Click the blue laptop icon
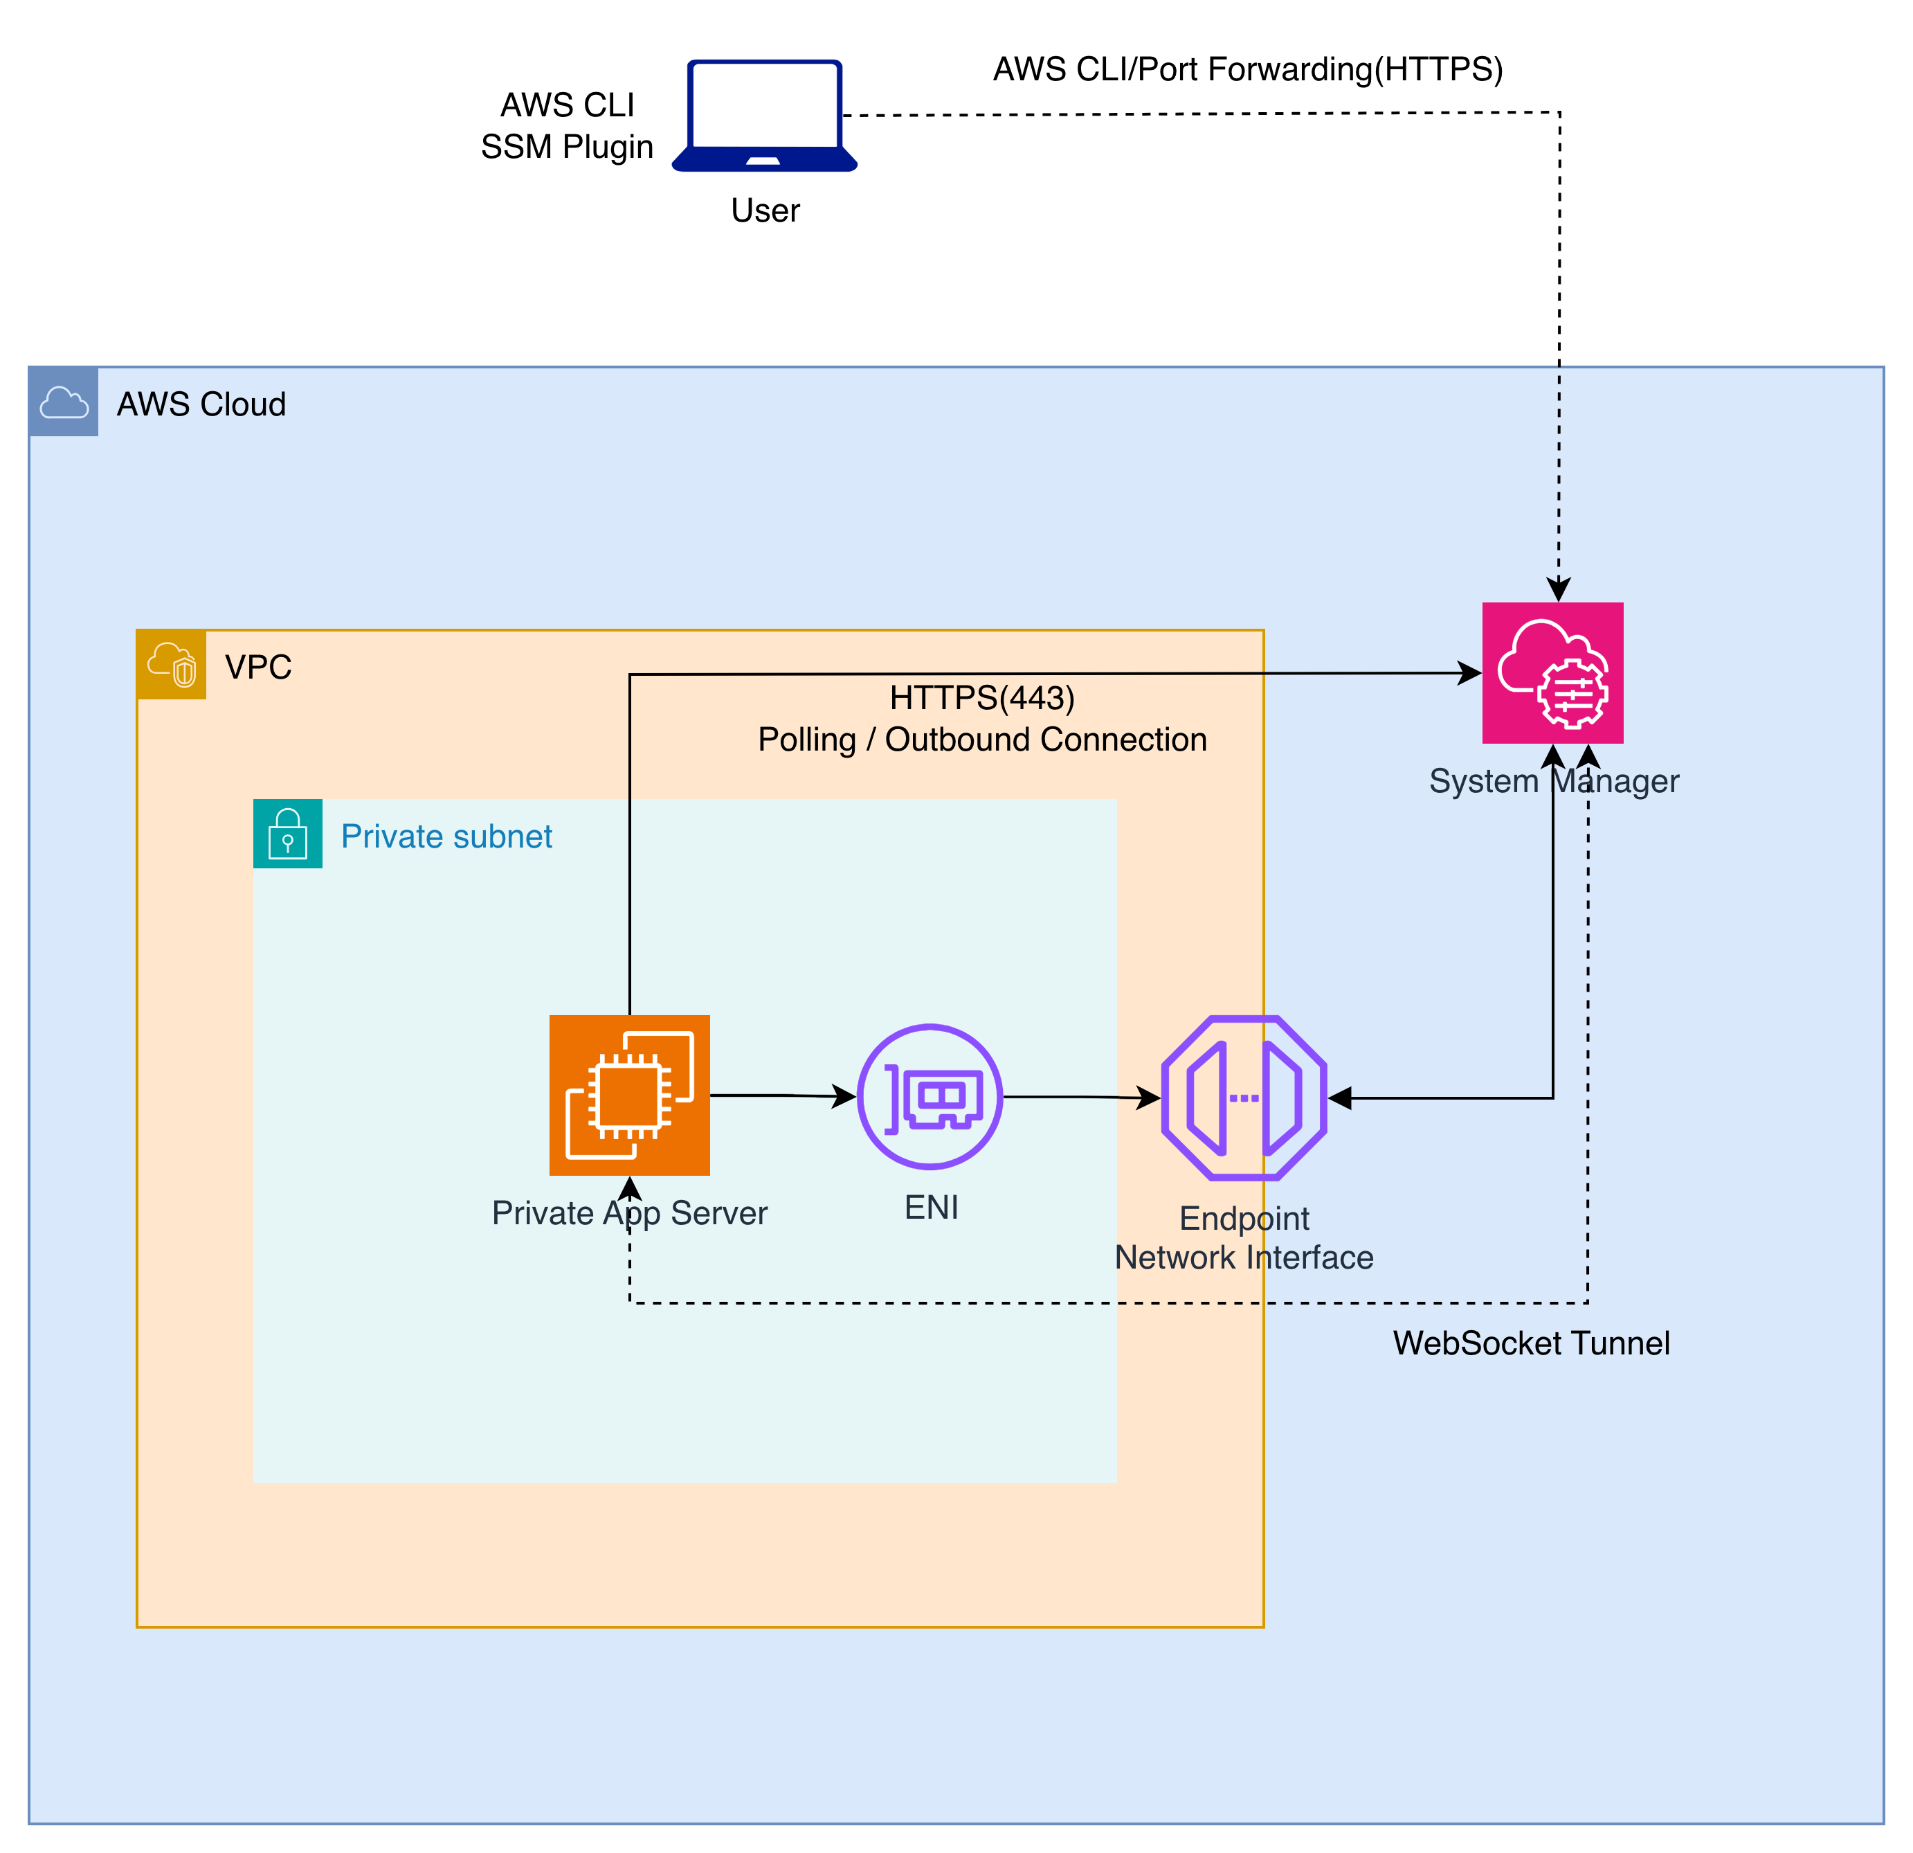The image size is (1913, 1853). point(764,115)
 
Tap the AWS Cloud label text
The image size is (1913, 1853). point(201,404)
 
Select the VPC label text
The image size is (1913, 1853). point(257,667)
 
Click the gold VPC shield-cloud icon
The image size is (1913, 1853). point(172,665)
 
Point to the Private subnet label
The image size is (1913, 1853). point(446,836)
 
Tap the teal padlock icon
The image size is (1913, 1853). point(288,834)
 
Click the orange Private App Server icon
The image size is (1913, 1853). point(630,1095)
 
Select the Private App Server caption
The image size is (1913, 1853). point(630,1212)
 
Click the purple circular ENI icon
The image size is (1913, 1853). point(930,1096)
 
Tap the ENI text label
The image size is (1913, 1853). point(931,1208)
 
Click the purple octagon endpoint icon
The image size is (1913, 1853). point(1244,1098)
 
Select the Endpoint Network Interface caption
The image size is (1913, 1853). point(1244,1238)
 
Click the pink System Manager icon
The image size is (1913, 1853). point(1552,672)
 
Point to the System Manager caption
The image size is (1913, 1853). point(1553,781)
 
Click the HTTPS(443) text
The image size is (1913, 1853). point(982,698)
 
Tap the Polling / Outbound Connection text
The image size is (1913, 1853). point(982,740)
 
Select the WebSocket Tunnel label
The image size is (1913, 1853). point(1530,1343)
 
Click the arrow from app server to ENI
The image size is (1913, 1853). point(781,1096)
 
